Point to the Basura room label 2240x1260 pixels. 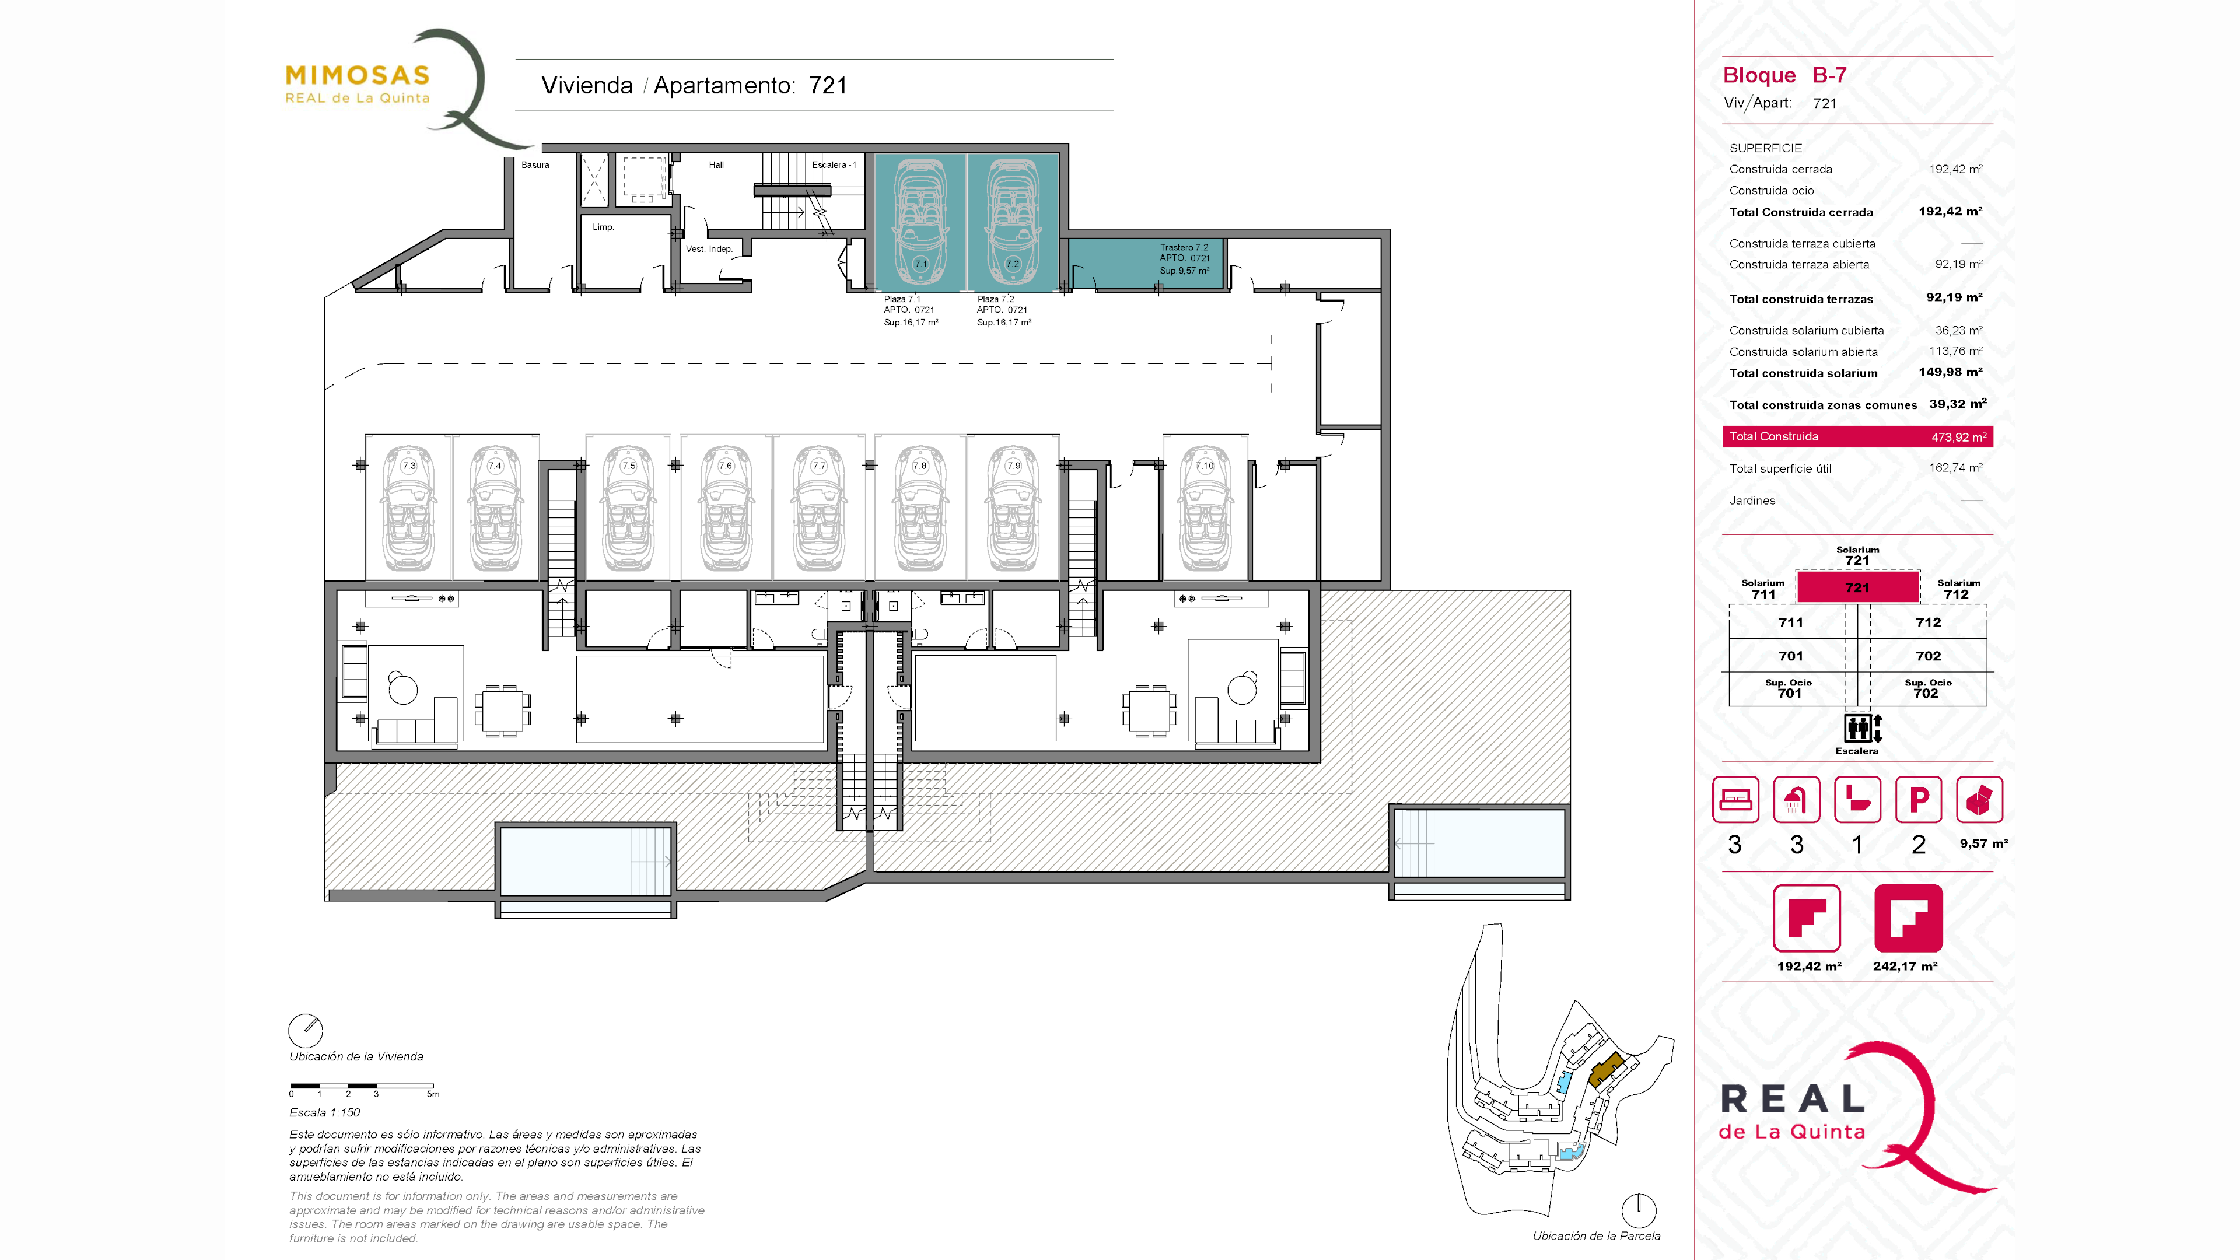tap(535, 165)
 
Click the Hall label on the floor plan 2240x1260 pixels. tap(716, 165)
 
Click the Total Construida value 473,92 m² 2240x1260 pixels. tap(1958, 436)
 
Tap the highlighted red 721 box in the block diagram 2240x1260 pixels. tap(1857, 587)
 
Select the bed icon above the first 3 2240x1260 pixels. tap(1735, 799)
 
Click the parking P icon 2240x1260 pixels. tap(1918, 799)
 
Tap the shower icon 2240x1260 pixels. tap(1796, 799)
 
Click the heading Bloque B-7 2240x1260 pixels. tap(1784, 76)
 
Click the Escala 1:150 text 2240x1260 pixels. tap(324, 1112)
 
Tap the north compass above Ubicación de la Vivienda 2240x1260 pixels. tap(305, 1030)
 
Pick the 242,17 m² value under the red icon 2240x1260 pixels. tap(1905, 966)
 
